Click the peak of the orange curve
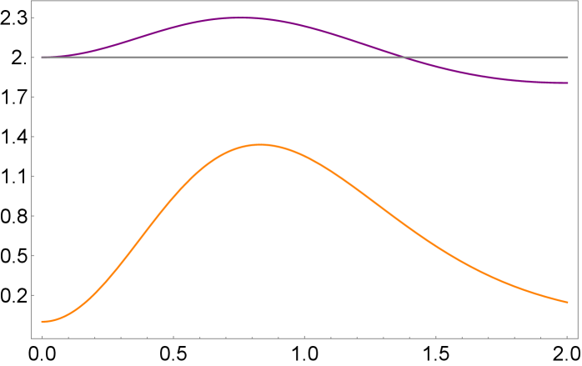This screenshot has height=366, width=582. click(261, 144)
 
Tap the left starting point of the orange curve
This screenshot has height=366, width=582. click(42, 321)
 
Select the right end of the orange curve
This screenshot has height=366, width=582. click(568, 302)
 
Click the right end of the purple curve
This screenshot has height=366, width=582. click(568, 83)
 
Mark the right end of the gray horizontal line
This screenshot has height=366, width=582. click(568, 58)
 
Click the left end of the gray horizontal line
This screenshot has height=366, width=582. click(42, 58)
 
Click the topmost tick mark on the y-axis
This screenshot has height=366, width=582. click(33, 18)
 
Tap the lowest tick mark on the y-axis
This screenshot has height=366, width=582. click(33, 295)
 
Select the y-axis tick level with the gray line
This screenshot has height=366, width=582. click(33, 58)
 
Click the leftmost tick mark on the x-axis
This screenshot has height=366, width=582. click(42, 338)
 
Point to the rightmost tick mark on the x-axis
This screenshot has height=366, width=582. click(567, 338)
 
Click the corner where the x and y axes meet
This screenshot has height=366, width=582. click(32, 338)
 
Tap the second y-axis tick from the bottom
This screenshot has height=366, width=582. click(33, 255)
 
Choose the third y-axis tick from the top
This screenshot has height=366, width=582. click(33, 97)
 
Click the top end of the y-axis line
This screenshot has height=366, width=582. click(32, 2)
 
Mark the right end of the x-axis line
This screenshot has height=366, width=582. click(579, 338)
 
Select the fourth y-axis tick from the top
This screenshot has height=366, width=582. click(33, 137)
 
